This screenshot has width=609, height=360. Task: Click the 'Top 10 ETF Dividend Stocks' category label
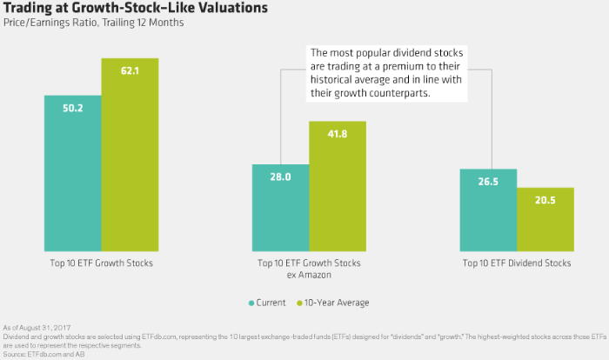tap(517, 262)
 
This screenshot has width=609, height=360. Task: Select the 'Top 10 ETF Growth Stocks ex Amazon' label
tap(309, 267)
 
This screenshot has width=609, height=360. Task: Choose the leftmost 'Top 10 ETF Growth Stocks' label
tap(102, 262)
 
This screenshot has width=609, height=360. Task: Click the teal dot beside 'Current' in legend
tap(251, 302)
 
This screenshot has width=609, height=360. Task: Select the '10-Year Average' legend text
tap(334, 302)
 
